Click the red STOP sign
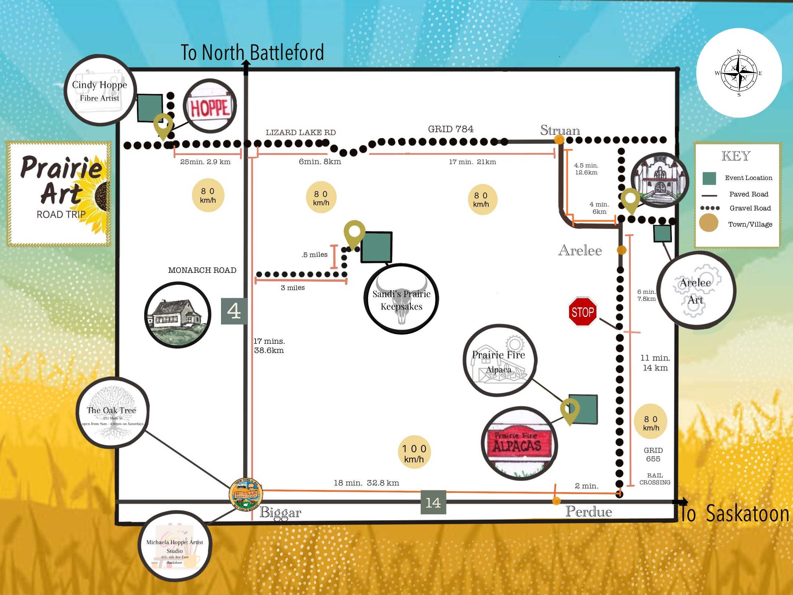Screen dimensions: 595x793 (x=582, y=312)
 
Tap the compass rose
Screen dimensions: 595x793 (x=739, y=73)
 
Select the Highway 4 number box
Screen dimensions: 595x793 (x=234, y=311)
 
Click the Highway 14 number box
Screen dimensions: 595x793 (x=433, y=502)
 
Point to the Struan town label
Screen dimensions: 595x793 (x=560, y=130)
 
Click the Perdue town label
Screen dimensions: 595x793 (x=589, y=512)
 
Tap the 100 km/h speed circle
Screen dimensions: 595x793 (x=414, y=452)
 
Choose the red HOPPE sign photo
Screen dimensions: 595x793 (x=210, y=107)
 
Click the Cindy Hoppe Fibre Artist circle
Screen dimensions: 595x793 (x=99, y=90)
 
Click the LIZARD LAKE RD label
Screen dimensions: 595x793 (x=301, y=133)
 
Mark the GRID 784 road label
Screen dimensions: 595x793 (x=451, y=129)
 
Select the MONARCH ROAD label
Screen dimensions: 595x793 (x=202, y=270)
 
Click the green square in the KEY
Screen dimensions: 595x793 (x=709, y=178)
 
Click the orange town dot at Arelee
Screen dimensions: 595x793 (x=622, y=250)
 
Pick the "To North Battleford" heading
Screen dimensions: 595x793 (x=253, y=53)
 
